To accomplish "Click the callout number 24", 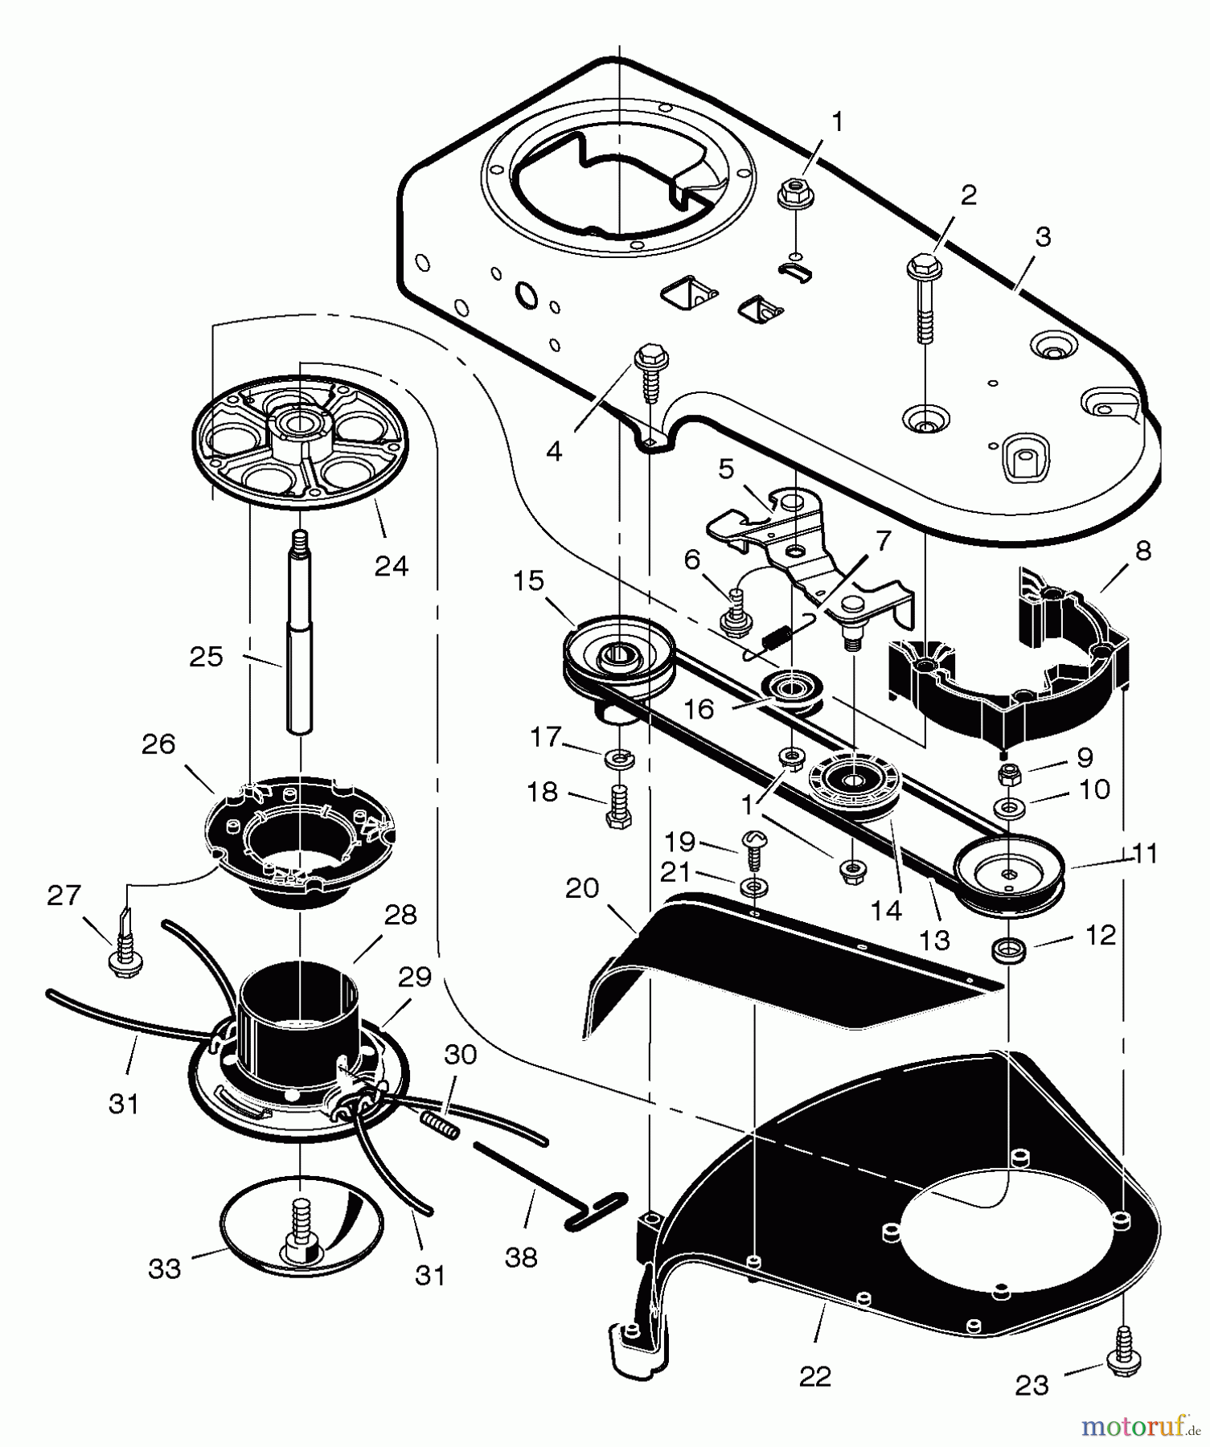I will click(x=392, y=567).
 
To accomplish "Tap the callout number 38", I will click(x=521, y=1256).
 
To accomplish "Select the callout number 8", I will click(x=1142, y=551).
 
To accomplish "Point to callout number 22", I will click(x=814, y=1376).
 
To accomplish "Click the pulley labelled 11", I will click(x=1009, y=871).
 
